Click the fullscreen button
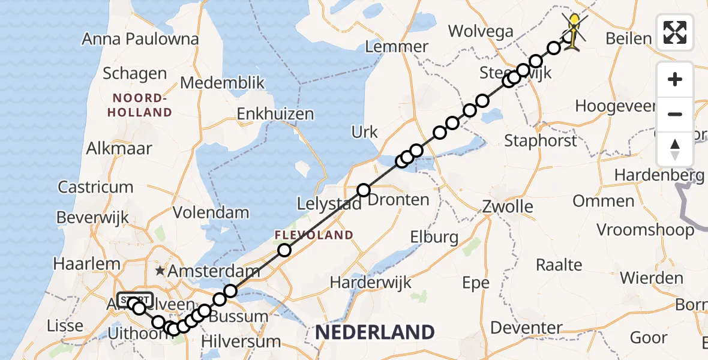675,32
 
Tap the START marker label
136,299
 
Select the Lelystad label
329,204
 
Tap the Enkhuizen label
275,114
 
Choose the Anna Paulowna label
140,40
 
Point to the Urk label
365,132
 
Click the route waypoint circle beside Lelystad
364,190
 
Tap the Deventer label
526,328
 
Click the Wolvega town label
481,32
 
